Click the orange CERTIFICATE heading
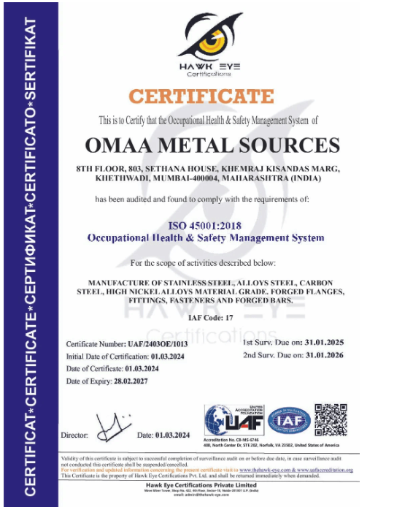click(201, 96)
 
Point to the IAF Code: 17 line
click(206, 318)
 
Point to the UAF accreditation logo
click(232, 419)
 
